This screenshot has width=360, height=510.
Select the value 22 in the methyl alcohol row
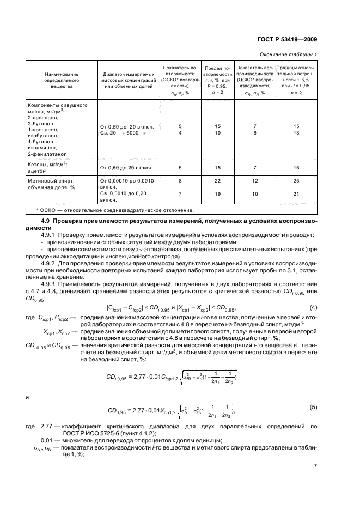click(x=218, y=180)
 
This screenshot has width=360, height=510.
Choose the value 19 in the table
click(x=218, y=194)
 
